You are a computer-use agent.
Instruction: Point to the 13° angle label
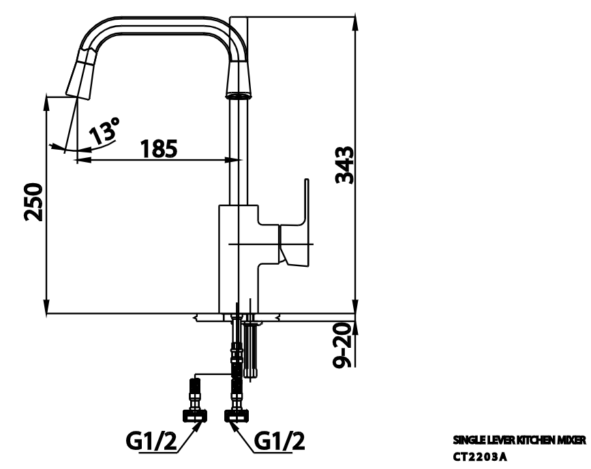[105, 130]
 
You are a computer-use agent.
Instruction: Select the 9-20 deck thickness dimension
[346, 344]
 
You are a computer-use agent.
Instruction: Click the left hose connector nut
[194, 414]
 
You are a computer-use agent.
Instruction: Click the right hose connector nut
[236, 414]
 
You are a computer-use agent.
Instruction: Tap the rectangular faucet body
[239, 259]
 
